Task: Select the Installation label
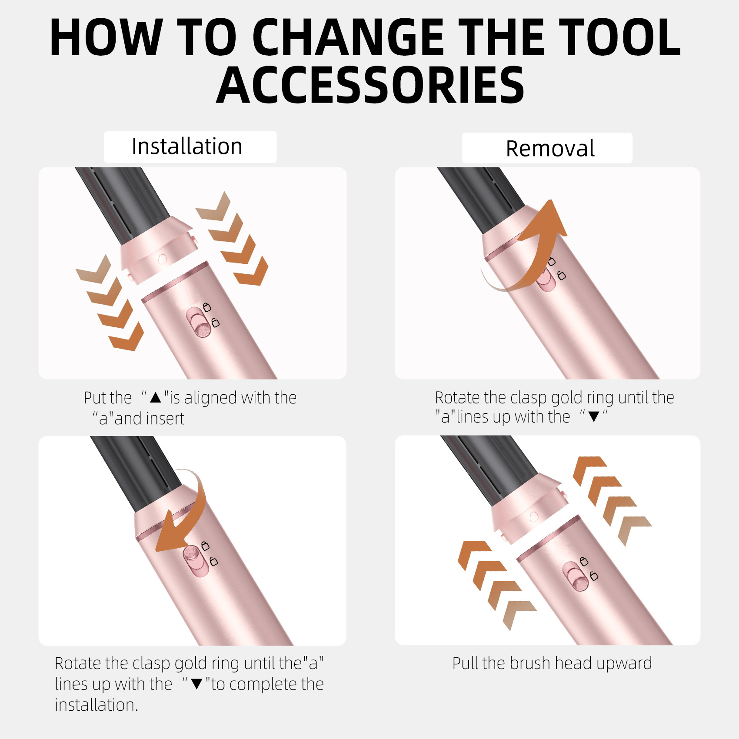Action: click(x=187, y=146)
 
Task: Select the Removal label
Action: click(x=550, y=149)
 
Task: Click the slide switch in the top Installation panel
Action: click(x=198, y=322)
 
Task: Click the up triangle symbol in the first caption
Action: click(x=155, y=397)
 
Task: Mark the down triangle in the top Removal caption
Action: click(x=593, y=417)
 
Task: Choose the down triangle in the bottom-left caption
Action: click(x=197, y=684)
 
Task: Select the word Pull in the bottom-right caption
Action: click(x=466, y=663)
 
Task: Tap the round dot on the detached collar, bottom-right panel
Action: click(x=534, y=516)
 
